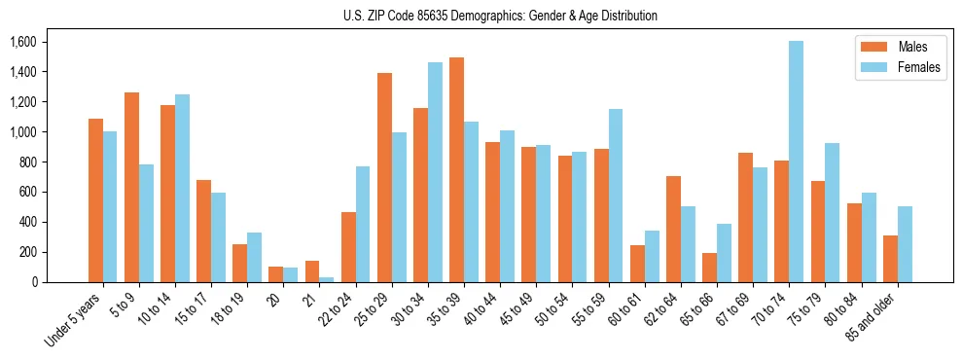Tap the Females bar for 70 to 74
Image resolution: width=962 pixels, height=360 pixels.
(x=796, y=162)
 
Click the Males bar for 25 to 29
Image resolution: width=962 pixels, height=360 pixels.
(x=384, y=177)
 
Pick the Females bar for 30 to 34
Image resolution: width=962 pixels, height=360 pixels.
(x=435, y=172)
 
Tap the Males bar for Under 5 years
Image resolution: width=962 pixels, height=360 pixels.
(x=95, y=200)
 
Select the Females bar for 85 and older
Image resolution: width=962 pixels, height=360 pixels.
(x=905, y=244)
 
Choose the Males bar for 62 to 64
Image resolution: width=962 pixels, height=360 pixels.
(x=673, y=229)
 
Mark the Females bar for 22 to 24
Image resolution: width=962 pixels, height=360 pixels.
(x=363, y=224)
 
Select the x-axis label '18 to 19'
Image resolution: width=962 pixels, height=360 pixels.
(x=229, y=308)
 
